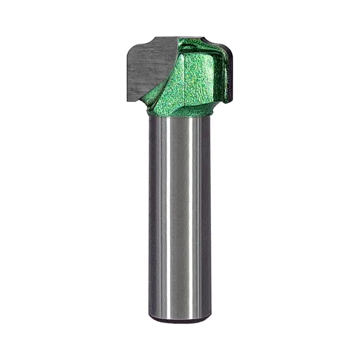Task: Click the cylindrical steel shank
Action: [180, 216]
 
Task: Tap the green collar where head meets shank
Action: [180, 113]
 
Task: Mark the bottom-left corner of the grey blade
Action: [129, 99]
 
